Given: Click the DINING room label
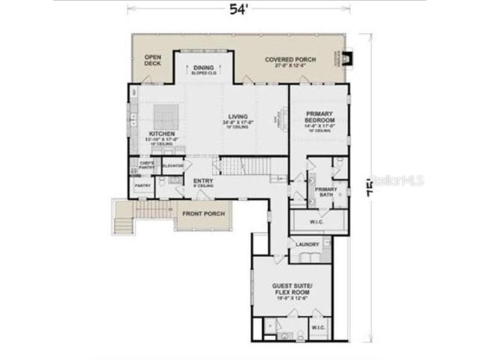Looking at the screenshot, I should click(x=204, y=68).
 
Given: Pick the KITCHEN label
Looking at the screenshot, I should click(x=162, y=133).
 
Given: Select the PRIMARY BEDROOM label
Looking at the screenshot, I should click(x=320, y=117).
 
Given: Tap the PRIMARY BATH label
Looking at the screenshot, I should click(x=325, y=191).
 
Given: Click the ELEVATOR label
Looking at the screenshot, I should click(x=173, y=166).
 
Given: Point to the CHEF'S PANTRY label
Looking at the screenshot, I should click(x=147, y=165).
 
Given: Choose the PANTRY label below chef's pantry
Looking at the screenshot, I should click(x=143, y=185).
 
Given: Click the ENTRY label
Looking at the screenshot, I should click(x=202, y=181).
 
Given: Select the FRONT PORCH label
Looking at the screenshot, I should click(x=204, y=214).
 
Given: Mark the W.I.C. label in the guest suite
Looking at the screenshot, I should click(x=319, y=327).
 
